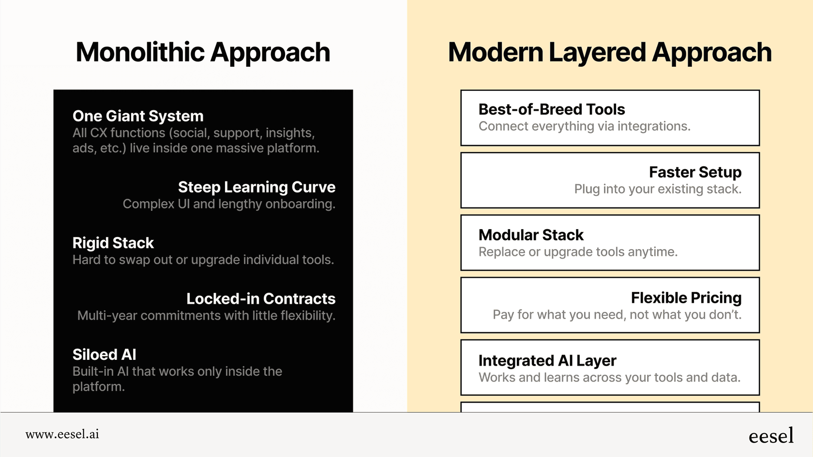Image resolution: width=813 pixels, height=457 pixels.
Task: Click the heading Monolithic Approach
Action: pyautogui.click(x=203, y=53)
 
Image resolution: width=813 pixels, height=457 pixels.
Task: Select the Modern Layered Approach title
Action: pyautogui.click(x=610, y=53)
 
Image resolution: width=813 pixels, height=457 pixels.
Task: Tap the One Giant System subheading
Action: pyautogui.click(x=138, y=116)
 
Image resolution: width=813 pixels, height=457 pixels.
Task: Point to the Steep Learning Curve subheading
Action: pyautogui.click(x=256, y=187)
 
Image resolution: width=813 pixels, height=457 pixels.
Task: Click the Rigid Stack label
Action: pyautogui.click(x=113, y=243)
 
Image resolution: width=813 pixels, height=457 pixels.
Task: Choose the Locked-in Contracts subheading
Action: pyautogui.click(x=261, y=298)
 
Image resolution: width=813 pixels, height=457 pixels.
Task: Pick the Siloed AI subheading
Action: pyautogui.click(x=105, y=354)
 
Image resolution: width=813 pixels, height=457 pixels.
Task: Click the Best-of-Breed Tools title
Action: pyautogui.click(x=552, y=109)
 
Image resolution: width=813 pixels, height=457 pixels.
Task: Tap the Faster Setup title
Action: pyautogui.click(x=695, y=172)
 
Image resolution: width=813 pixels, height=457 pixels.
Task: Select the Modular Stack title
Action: pyautogui.click(x=531, y=235)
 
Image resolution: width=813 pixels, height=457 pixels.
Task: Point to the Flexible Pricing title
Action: pyautogui.click(x=686, y=298)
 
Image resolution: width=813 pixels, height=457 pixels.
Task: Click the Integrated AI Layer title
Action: pyautogui.click(x=547, y=361)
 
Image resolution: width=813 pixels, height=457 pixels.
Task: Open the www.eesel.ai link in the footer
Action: pyautogui.click(x=62, y=434)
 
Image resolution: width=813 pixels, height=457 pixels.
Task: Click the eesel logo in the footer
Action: pyautogui.click(x=771, y=435)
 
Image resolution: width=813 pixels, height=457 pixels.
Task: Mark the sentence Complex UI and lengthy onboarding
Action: pyautogui.click(x=229, y=204)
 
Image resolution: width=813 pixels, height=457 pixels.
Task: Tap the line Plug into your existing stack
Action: pyautogui.click(x=658, y=189)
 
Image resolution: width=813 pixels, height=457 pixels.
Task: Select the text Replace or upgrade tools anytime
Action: pyautogui.click(x=578, y=251)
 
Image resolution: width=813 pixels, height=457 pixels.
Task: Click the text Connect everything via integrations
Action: pyautogui.click(x=585, y=126)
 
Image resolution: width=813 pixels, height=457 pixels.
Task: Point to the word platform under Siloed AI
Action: pyautogui.click(x=98, y=387)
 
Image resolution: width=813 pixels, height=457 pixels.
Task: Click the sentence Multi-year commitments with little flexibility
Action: pyautogui.click(x=206, y=315)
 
